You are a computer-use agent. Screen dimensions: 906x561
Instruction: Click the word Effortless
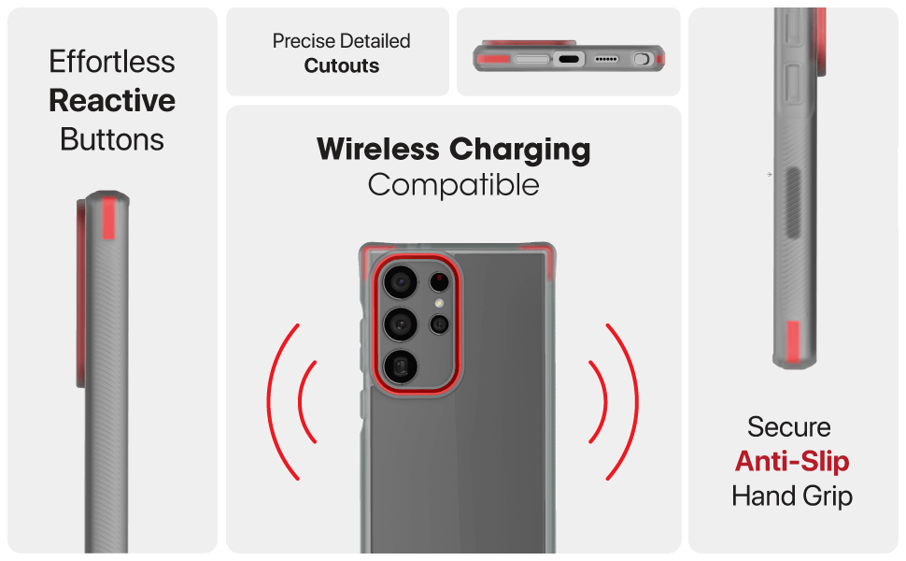pyautogui.click(x=111, y=62)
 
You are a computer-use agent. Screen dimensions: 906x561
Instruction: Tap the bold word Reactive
pyautogui.click(x=112, y=100)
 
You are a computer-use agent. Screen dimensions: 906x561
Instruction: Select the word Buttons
pyautogui.click(x=112, y=139)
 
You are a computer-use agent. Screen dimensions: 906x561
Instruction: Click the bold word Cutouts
pyautogui.click(x=342, y=66)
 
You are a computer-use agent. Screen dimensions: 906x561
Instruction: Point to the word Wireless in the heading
pyautogui.click(x=378, y=149)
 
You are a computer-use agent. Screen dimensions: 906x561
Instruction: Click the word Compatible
pyautogui.click(x=454, y=185)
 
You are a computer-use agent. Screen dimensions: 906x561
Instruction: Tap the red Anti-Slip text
pyautogui.click(x=792, y=462)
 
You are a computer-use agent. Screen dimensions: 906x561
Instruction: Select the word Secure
pyautogui.click(x=788, y=427)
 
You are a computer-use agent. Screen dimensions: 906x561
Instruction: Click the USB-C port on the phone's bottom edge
pyautogui.click(x=569, y=59)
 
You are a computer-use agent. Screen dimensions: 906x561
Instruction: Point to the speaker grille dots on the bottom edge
pyautogui.click(x=606, y=59)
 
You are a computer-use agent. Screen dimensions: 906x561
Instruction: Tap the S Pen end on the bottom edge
pyautogui.click(x=641, y=59)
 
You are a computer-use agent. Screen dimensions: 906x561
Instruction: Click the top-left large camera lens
pyautogui.click(x=400, y=282)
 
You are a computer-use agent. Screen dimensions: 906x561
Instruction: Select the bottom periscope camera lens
pyautogui.click(x=401, y=367)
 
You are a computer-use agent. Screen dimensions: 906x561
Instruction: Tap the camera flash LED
pyautogui.click(x=440, y=303)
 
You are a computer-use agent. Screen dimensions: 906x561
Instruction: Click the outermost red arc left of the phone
pyautogui.click(x=283, y=402)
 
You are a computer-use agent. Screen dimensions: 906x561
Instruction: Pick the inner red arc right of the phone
pyautogui.click(x=599, y=402)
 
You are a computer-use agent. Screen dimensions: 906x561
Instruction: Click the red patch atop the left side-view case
pyautogui.click(x=108, y=218)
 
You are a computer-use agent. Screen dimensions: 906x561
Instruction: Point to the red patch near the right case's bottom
pyautogui.click(x=793, y=342)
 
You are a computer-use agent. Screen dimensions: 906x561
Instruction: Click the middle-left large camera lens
pyautogui.click(x=400, y=324)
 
